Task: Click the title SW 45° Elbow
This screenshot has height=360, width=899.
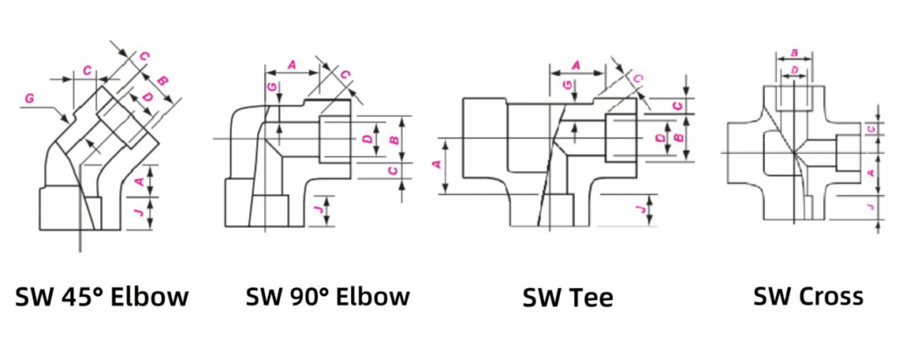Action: pos(102,297)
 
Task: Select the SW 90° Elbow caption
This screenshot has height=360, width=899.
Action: pos(327,296)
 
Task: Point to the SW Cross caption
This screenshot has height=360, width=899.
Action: pos(808,296)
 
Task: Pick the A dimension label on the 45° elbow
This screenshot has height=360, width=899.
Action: pos(140,181)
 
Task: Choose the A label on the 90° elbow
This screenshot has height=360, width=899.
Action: pos(291,64)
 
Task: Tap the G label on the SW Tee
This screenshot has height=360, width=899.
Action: pos(567,84)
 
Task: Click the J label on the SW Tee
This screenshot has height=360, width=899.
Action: pos(637,207)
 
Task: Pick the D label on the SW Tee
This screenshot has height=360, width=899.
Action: pos(660,138)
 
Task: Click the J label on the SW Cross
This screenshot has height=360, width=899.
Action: pos(870,207)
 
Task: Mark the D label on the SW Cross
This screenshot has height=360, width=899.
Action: pos(794,68)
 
